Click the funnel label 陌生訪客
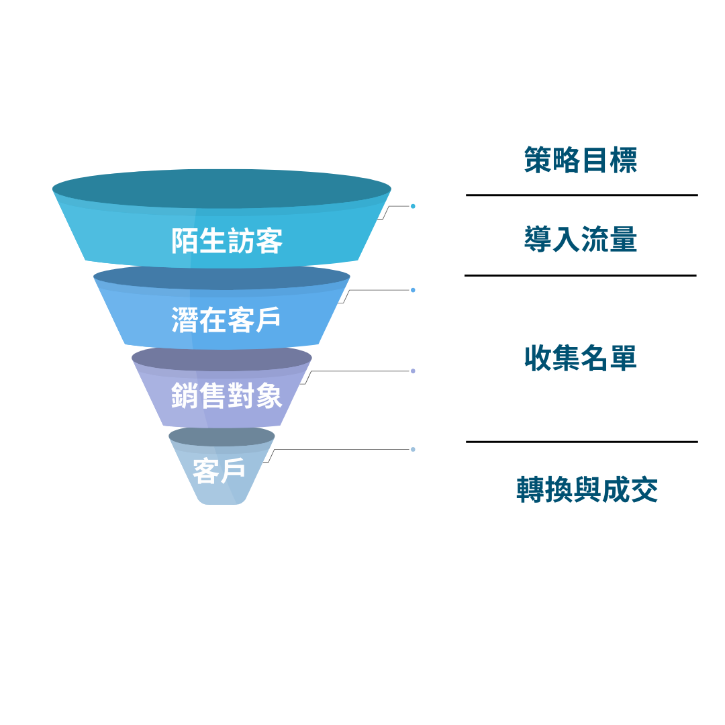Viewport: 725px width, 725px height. [x=227, y=241]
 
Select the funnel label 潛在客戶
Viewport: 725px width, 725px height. [x=226, y=320]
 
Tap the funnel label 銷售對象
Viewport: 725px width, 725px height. [x=226, y=395]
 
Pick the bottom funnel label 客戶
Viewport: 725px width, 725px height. [x=219, y=470]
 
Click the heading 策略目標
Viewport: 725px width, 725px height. [x=581, y=160]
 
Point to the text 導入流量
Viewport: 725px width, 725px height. [x=581, y=240]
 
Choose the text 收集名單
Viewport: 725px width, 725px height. [x=581, y=358]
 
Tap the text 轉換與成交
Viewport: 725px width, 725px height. [x=587, y=490]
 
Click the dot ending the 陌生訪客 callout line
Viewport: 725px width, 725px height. [x=413, y=206]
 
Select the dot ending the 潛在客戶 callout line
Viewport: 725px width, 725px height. [x=413, y=290]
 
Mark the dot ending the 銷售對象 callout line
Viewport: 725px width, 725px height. [x=413, y=371]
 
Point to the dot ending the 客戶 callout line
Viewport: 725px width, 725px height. [x=413, y=449]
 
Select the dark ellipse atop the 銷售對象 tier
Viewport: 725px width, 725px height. [x=222, y=356]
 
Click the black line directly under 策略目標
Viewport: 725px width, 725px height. [x=581, y=195]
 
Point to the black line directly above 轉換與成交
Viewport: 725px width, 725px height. [x=581, y=442]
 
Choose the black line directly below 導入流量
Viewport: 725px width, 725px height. [x=580, y=275]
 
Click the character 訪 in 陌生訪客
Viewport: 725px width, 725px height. [x=240, y=241]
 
